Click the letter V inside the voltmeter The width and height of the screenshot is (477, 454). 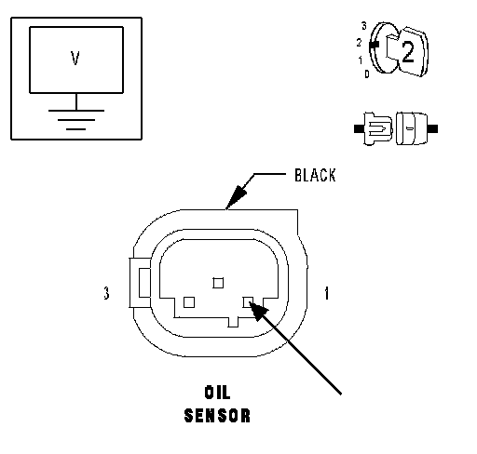point(75,58)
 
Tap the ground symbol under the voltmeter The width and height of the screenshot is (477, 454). point(76,119)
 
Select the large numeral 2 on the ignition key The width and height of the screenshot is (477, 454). point(408,52)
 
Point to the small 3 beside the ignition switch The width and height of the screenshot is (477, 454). point(364,26)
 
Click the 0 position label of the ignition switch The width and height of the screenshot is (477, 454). point(367,74)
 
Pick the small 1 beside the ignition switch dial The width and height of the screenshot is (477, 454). point(361,60)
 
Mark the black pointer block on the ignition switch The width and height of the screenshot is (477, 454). point(375,45)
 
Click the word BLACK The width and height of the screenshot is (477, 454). point(315,175)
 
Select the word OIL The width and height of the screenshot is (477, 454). point(217,393)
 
